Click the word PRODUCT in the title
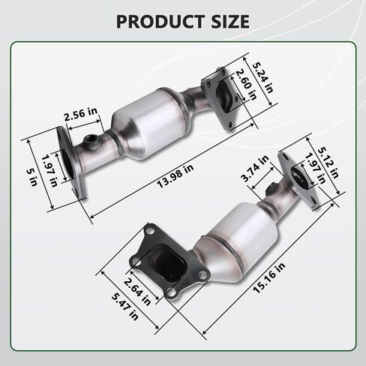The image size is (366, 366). tap(160, 22)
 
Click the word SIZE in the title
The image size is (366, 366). tap(230, 22)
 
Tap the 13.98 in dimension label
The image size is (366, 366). tap(175, 176)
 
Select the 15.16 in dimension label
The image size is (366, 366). tap(269, 277)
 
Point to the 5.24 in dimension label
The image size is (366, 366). tap(262, 77)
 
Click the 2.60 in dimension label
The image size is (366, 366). tap(246, 85)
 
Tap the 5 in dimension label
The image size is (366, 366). tap(32, 177)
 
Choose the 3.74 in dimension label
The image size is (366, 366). tap(255, 169)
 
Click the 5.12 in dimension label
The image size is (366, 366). tap(328, 163)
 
